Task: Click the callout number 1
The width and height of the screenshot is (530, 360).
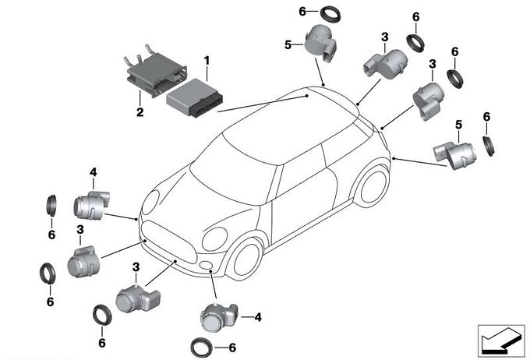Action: (x=207, y=61)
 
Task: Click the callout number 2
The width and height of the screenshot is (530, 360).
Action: (x=140, y=112)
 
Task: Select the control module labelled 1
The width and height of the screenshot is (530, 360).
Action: (x=194, y=98)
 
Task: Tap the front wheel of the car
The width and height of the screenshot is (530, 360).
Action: (x=246, y=259)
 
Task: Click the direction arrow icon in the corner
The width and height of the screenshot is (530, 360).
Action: (x=501, y=341)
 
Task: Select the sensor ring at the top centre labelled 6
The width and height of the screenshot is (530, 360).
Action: (x=330, y=14)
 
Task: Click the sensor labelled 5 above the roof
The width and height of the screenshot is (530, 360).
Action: (x=320, y=44)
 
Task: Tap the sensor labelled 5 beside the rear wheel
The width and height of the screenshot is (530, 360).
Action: (x=455, y=155)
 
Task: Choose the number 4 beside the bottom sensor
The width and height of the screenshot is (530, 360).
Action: (x=258, y=317)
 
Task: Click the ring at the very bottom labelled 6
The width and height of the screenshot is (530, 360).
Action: (x=201, y=348)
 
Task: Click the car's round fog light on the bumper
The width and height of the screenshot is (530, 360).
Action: (x=205, y=265)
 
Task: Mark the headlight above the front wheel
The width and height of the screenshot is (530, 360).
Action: (x=214, y=239)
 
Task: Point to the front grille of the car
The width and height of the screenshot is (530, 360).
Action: (x=168, y=242)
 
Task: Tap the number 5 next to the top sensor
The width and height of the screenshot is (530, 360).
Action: (x=288, y=44)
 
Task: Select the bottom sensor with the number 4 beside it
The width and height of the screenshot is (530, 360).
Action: (x=219, y=317)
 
